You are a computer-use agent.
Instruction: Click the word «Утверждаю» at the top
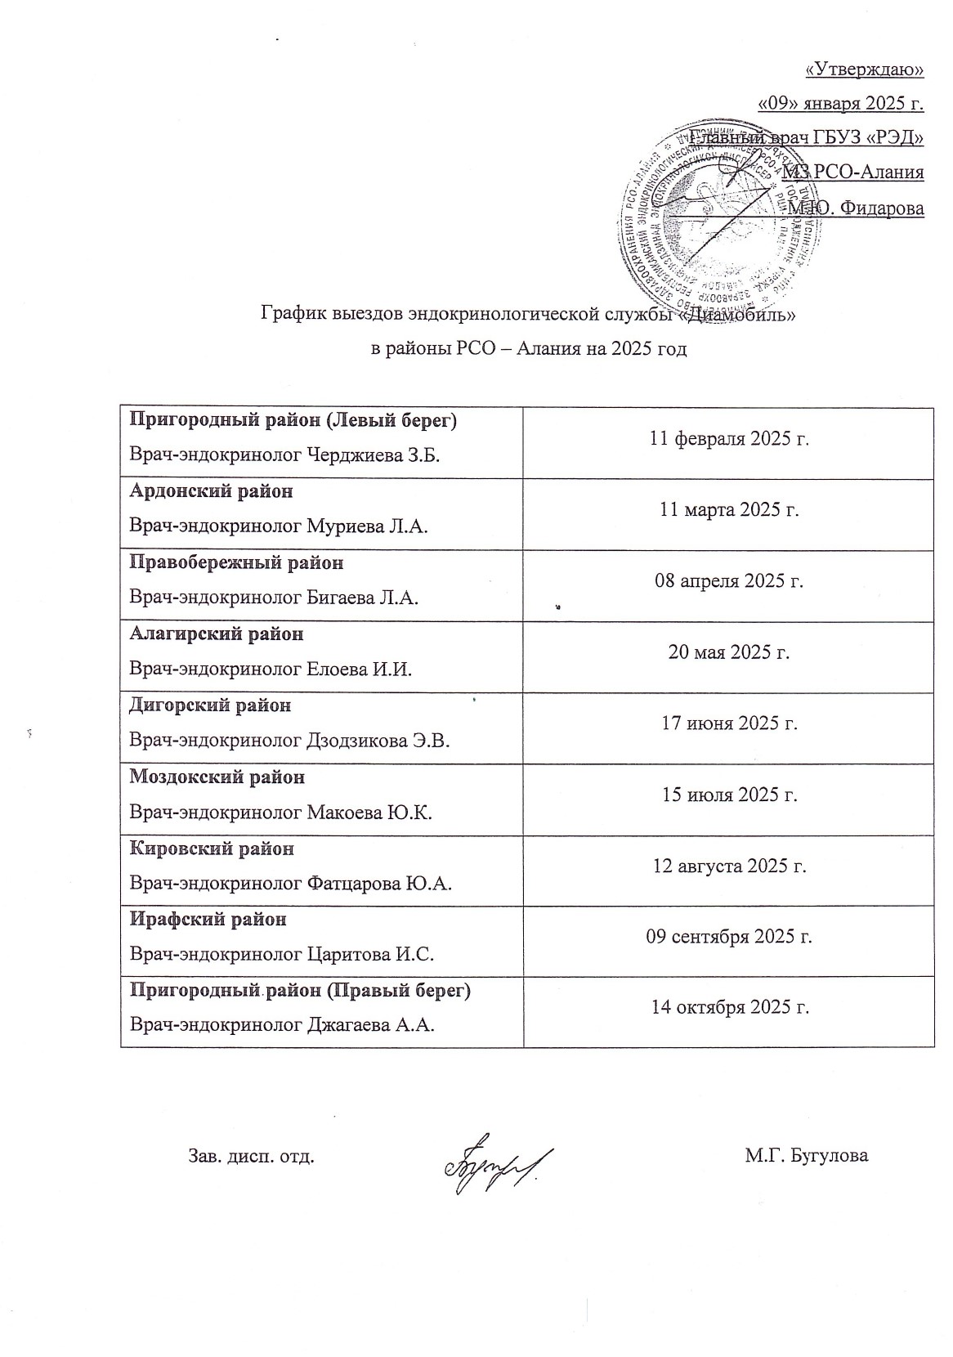[865, 70]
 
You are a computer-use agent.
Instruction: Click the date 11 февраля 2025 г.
[729, 439]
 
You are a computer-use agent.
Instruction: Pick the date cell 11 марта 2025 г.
[729, 510]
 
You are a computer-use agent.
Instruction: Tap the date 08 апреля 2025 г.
[729, 581]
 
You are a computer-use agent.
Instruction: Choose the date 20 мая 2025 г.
[729, 652]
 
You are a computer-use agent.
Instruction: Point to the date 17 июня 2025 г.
[729, 723]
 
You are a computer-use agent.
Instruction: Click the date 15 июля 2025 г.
[729, 795]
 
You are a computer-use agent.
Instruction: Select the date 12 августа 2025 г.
[729, 866]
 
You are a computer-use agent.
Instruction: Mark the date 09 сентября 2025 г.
[729, 937]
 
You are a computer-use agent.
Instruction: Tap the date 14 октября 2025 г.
[729, 1008]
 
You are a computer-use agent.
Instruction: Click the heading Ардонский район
[212, 492]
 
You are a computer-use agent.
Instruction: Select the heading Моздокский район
[217, 777]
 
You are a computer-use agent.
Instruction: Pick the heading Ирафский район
[208, 919]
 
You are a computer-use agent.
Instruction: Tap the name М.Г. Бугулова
[806, 1156]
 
